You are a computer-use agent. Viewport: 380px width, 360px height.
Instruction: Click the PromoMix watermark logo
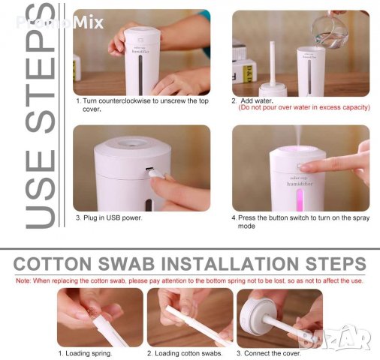tap(59, 22)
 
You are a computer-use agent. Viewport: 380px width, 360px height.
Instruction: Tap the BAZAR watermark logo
tap(335, 337)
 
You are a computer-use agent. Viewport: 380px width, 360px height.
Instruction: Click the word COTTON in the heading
tap(53, 264)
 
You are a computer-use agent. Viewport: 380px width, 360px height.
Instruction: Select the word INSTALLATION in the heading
tap(230, 264)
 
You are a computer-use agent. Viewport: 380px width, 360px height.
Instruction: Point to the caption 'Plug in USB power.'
tap(113, 217)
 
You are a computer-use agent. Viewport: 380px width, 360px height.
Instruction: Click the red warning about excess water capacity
tap(304, 107)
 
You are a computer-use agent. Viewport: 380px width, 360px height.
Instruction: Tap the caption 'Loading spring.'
tap(89, 353)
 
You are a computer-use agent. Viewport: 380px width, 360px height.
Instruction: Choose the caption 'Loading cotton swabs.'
tap(188, 353)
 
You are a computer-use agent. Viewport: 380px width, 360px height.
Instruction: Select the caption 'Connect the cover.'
tap(272, 353)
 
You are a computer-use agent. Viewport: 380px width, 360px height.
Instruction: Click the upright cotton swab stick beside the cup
tap(272, 64)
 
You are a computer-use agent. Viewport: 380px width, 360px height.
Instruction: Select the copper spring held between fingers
tap(93, 309)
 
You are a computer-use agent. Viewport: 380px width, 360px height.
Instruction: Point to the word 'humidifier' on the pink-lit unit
tap(300, 184)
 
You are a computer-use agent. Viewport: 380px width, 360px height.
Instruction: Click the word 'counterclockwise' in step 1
tap(125, 101)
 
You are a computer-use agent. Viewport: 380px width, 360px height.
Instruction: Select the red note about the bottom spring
tap(189, 280)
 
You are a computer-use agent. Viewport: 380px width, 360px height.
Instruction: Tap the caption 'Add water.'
tap(257, 101)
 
